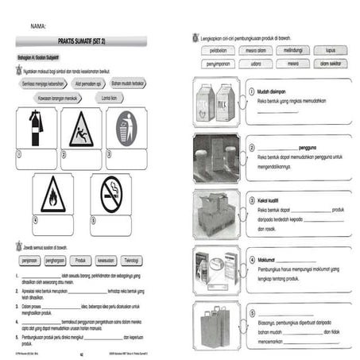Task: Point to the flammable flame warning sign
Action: pos(53,194)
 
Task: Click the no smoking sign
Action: pos(110,194)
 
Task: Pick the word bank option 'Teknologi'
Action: pos(134,259)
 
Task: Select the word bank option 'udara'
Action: pos(256,63)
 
